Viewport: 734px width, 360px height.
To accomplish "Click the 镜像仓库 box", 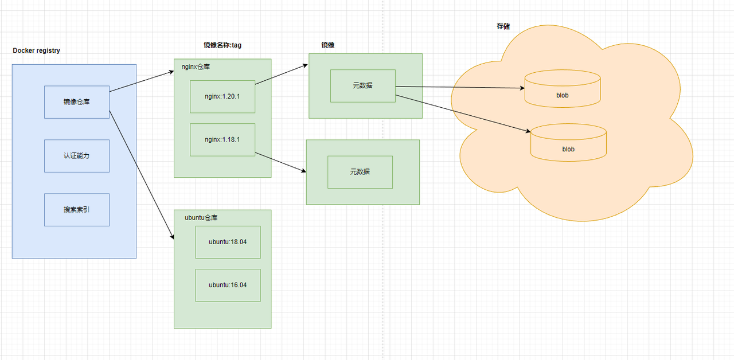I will (x=77, y=102).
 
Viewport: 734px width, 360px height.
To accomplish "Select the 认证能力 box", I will (x=77, y=156).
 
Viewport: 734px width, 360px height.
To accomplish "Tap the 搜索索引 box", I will (x=77, y=210).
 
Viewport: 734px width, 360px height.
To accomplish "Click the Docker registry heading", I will (x=37, y=50).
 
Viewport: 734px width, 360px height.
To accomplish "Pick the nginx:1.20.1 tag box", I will (x=222, y=96).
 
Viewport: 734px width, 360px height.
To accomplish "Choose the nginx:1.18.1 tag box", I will (x=222, y=139).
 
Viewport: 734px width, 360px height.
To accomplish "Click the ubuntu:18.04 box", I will (x=228, y=242).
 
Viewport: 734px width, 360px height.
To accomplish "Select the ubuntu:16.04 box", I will (x=228, y=285).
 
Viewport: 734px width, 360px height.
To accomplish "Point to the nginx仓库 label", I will (x=196, y=66).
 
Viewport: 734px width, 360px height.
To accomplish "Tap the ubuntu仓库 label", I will (x=201, y=218).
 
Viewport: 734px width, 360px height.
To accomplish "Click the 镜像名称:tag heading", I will (x=222, y=45).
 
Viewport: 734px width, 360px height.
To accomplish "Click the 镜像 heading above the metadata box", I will (x=328, y=45).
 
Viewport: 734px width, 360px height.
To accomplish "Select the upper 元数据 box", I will (x=362, y=86).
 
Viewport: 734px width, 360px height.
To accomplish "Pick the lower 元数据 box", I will (x=360, y=172).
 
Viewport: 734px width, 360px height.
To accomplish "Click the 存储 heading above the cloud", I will (x=503, y=26).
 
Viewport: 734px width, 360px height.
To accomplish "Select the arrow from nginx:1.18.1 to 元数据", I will (x=280, y=162).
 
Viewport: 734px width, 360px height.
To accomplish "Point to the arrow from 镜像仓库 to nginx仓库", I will (x=142, y=81).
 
